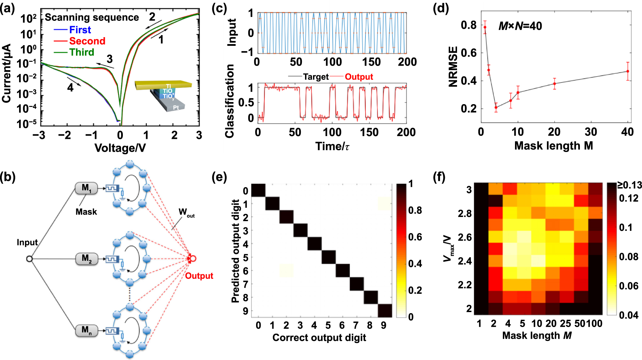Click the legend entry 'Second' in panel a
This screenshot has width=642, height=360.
[87, 41]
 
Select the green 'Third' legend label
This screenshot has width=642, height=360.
[82, 52]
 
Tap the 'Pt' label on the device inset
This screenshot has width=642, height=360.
[176, 108]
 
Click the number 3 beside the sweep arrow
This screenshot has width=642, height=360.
[110, 59]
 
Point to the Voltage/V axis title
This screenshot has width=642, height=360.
[120, 148]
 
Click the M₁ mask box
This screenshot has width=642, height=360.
[86, 189]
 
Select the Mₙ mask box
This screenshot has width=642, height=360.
[86, 330]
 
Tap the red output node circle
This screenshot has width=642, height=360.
[193, 258]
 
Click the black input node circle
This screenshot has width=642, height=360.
[29, 259]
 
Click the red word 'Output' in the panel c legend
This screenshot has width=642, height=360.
[359, 77]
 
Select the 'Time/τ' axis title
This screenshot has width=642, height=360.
[332, 146]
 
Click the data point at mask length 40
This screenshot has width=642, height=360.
[627, 71]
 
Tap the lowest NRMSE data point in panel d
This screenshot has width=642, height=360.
[496, 107]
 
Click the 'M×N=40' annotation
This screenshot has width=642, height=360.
[520, 26]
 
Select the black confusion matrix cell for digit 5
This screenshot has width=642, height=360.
[328, 257]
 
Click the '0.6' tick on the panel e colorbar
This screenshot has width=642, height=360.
[415, 237]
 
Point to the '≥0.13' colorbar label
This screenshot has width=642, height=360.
[629, 185]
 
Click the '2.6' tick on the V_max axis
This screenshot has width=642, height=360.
[464, 237]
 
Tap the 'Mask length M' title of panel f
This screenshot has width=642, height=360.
[537, 335]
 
